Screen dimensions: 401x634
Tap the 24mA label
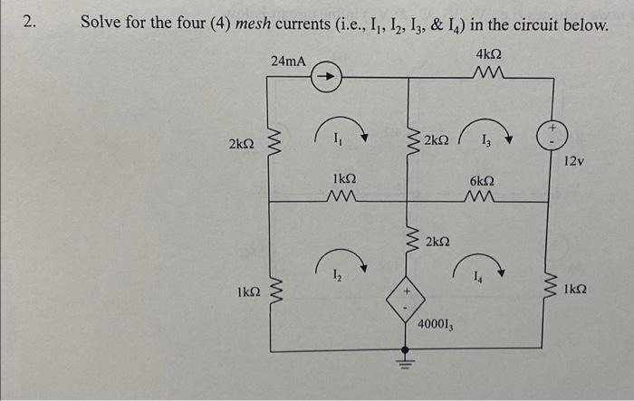click(288, 62)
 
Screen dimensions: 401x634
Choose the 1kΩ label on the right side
click(575, 291)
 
